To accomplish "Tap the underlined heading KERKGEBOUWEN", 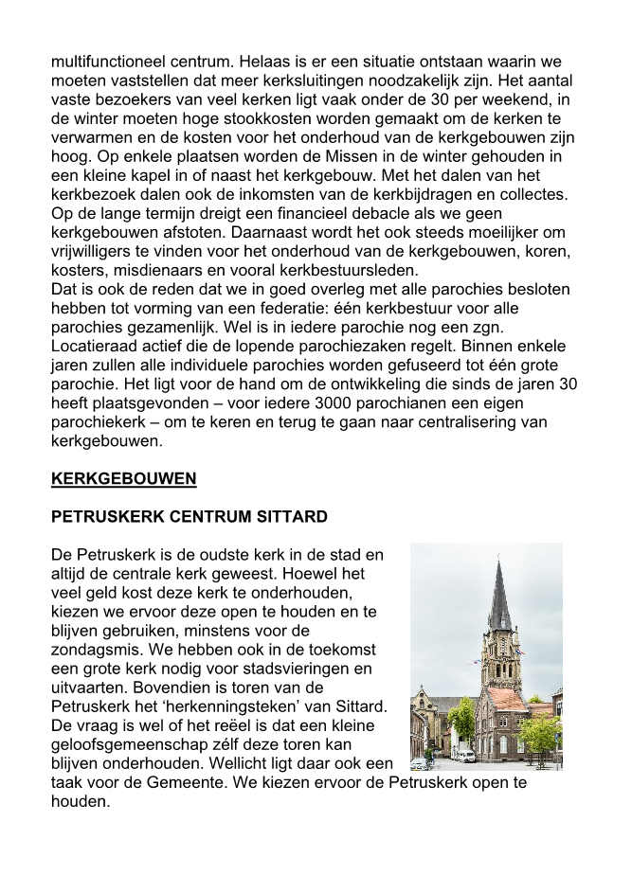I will pyautogui.click(x=123, y=478).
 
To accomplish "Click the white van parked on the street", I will pyautogui.click(x=466, y=756).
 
